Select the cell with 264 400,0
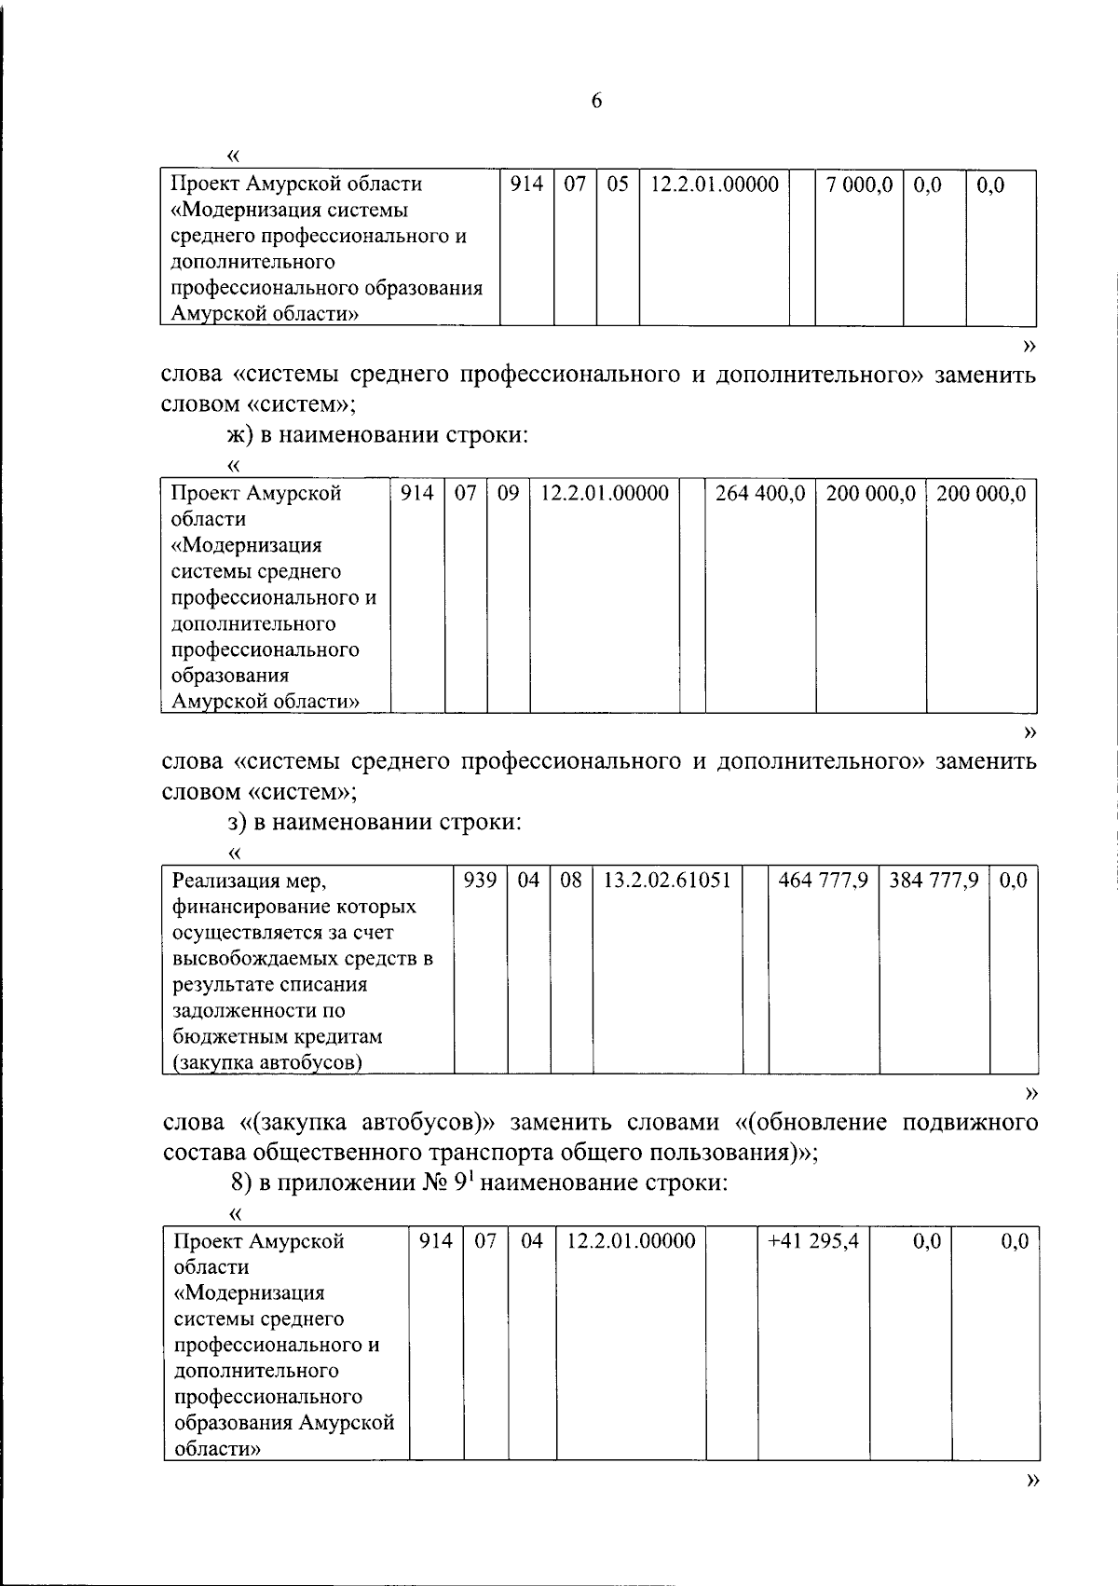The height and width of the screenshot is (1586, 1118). (x=759, y=494)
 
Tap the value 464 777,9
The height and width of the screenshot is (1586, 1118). (x=823, y=880)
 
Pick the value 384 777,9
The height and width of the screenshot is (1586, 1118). (x=934, y=880)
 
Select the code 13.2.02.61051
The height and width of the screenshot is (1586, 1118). (x=667, y=880)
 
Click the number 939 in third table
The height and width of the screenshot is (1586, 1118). (x=480, y=880)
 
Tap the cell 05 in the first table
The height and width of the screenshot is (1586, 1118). (x=617, y=185)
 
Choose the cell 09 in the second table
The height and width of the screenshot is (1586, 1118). (x=508, y=494)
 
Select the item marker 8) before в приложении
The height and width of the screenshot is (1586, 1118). (x=241, y=1184)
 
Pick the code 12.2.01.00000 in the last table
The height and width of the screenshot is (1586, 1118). (x=631, y=1241)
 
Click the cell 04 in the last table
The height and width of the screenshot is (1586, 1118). (x=532, y=1241)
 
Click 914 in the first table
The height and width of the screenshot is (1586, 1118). (x=526, y=185)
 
